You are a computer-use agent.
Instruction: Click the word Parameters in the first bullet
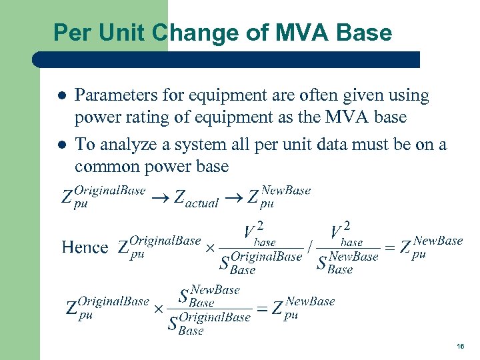[x=117, y=96]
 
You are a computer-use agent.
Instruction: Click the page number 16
[x=460, y=347]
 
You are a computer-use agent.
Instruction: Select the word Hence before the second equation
[x=85, y=247]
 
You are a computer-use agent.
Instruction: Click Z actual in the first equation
[x=196, y=198]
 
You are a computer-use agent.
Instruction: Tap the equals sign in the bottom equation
[x=263, y=308]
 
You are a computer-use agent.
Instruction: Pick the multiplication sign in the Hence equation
[x=209, y=248]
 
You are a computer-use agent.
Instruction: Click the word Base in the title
[x=364, y=32]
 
